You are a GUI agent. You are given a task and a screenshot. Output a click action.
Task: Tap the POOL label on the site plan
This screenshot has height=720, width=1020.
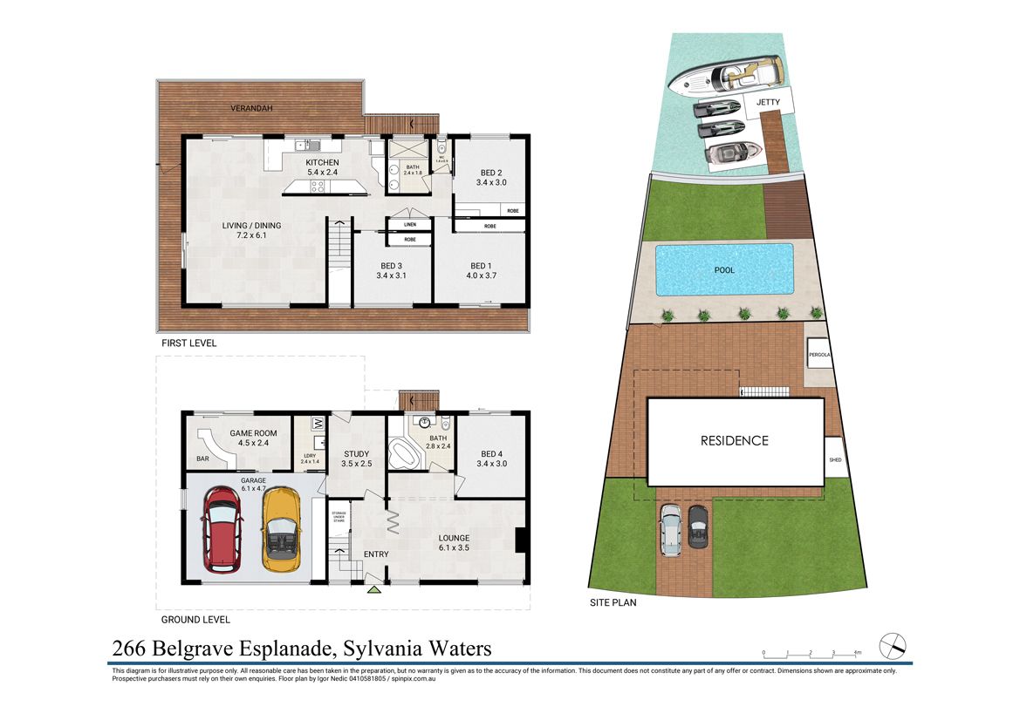pyautogui.click(x=724, y=270)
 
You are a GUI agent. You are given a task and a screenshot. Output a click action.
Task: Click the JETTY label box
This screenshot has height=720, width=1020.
pyautogui.click(x=769, y=102)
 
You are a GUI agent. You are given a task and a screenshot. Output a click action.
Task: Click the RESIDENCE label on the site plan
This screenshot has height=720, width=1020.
pyautogui.click(x=735, y=441)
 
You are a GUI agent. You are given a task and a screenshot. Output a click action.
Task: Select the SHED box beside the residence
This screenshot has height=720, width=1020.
pyautogui.click(x=836, y=460)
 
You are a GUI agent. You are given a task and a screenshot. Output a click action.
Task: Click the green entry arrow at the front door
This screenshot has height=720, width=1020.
pyautogui.click(x=374, y=591)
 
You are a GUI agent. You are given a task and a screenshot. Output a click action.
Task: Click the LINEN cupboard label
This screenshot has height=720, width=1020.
pyautogui.click(x=409, y=225)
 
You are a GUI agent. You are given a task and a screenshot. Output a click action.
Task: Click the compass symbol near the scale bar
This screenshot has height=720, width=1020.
pyautogui.click(x=893, y=646)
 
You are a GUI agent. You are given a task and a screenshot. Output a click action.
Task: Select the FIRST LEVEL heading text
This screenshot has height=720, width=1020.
pyautogui.click(x=188, y=343)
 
